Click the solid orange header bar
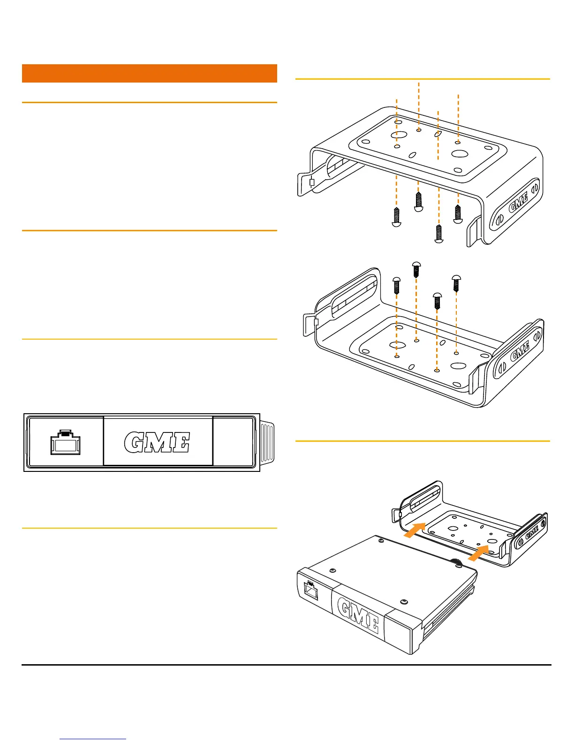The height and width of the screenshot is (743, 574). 149,73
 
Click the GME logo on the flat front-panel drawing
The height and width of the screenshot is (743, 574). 157,442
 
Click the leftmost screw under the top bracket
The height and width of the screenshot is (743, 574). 396,217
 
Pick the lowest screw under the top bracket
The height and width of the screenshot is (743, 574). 439,234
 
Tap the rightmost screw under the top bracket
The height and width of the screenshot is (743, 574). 458,213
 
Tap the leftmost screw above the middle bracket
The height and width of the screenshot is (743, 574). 396,285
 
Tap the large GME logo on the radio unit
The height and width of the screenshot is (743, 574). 358,616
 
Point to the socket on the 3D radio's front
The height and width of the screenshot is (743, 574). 310,589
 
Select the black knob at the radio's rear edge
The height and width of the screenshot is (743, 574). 454,562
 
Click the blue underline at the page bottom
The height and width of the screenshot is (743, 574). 93,739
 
